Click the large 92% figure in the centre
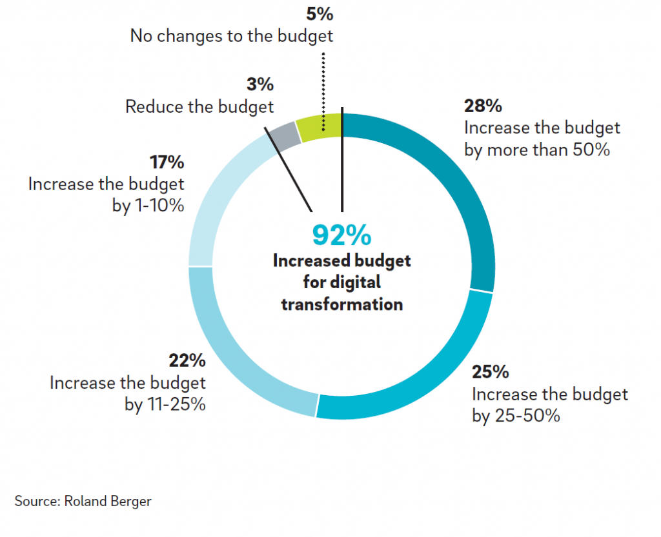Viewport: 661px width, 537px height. click(341, 235)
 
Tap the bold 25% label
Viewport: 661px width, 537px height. click(491, 372)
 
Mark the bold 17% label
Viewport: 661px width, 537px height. click(167, 162)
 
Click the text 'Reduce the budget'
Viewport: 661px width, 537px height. click(199, 106)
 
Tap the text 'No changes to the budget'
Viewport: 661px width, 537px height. click(232, 35)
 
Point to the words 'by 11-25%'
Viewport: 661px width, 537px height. click(165, 405)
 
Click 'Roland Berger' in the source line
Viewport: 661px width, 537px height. click(108, 501)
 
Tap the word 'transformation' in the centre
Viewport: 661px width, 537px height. click(341, 304)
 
